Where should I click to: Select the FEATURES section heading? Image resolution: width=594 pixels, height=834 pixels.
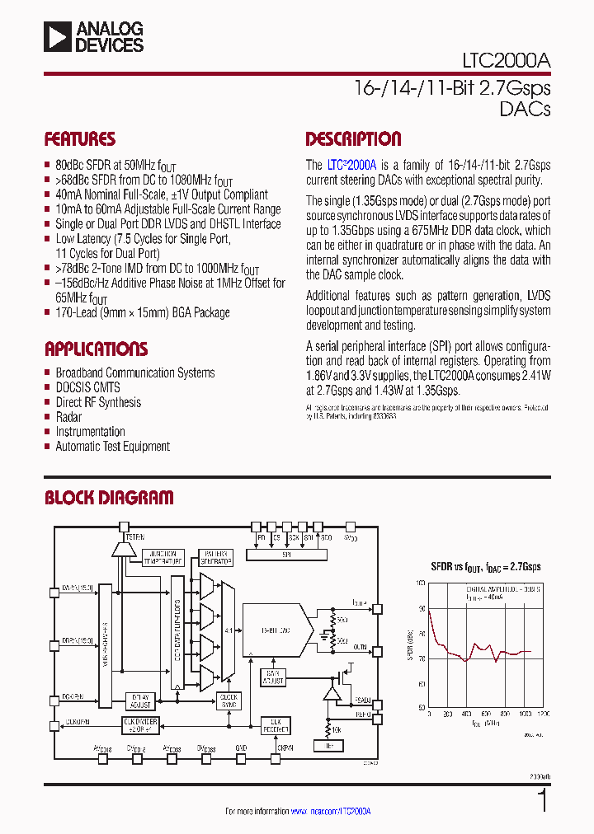[80, 139]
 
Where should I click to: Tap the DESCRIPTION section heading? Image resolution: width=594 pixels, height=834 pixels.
[353, 139]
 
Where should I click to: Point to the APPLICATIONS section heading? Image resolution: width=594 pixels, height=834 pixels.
[96, 349]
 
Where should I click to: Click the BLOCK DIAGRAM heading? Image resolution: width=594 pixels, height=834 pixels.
[108, 498]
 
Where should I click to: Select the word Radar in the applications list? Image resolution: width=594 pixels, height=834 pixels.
[68, 417]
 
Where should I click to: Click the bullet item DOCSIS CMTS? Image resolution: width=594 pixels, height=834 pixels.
[87, 387]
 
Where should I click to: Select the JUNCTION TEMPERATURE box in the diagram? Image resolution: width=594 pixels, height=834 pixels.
[163, 557]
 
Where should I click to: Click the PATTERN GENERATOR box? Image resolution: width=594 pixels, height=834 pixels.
[216, 557]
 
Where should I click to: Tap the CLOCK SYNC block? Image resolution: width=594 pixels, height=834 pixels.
[229, 700]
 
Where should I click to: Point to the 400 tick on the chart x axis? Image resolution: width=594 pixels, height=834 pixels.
[466, 715]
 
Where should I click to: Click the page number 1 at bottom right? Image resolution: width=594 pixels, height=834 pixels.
[541, 800]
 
